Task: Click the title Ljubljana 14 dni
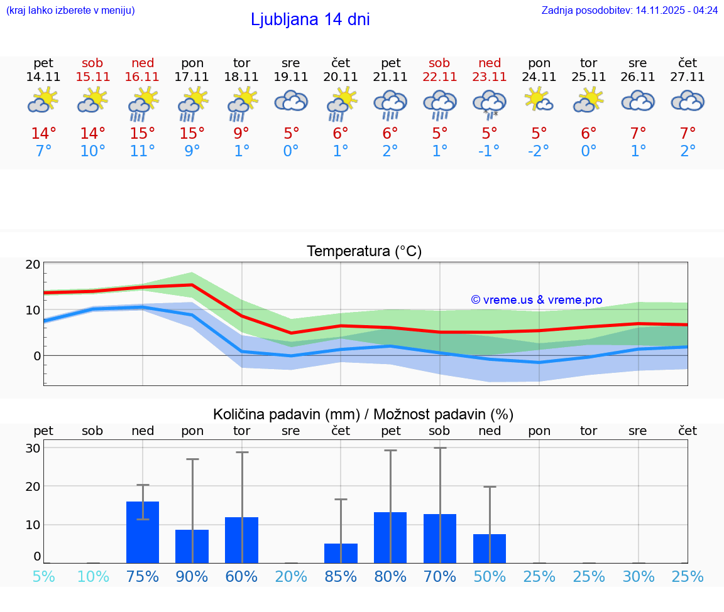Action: (x=310, y=19)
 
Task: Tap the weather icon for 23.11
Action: (x=490, y=103)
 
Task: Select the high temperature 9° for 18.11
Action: (x=241, y=134)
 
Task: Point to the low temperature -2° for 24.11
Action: (x=539, y=152)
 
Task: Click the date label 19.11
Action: (x=290, y=77)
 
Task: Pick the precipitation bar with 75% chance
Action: (x=143, y=532)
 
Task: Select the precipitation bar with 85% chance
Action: (x=341, y=553)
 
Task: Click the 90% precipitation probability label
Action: (x=192, y=576)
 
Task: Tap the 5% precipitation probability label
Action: (x=43, y=576)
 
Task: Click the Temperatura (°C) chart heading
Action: (x=364, y=252)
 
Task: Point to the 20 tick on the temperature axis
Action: (x=33, y=264)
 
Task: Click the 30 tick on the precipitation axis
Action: (x=33, y=448)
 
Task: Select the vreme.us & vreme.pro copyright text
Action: (x=536, y=300)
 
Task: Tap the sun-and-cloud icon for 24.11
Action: (x=539, y=100)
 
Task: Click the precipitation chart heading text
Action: (x=363, y=414)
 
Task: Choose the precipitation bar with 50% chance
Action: (x=490, y=548)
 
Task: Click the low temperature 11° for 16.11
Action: (x=143, y=152)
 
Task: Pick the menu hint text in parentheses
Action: (x=70, y=10)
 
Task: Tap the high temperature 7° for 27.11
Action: (x=688, y=134)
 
